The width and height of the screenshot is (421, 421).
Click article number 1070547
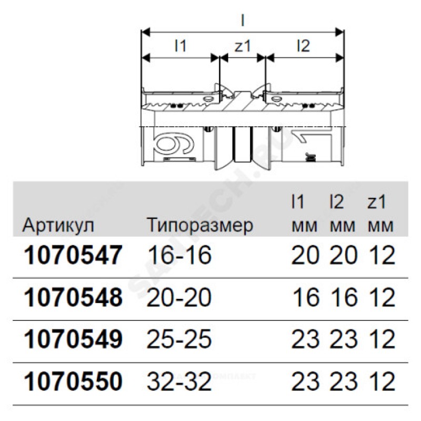click(73, 255)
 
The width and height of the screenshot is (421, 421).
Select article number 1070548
click(73, 297)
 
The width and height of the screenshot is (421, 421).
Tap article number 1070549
click(73, 339)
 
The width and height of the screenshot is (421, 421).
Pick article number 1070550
click(73, 381)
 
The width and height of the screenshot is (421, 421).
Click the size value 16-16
click(179, 255)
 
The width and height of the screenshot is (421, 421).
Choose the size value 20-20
click(179, 297)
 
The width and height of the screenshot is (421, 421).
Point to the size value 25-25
click(179, 339)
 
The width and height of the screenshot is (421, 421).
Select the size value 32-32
click(179, 381)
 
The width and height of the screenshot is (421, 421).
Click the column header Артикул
click(58, 225)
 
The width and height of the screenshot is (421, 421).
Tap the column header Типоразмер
click(200, 225)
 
